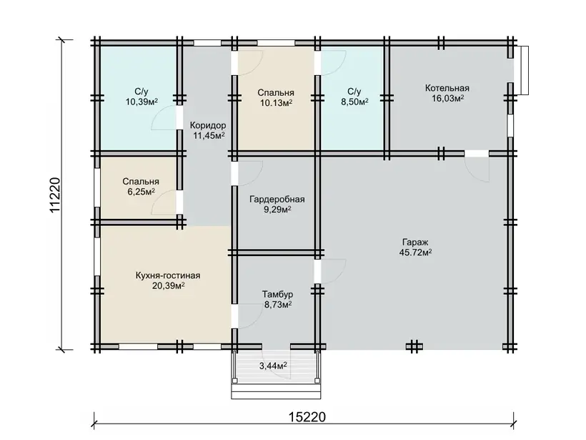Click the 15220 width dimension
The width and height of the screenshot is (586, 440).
[307, 417]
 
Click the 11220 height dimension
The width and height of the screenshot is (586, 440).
[55, 195]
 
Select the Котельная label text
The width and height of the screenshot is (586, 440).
[447, 88]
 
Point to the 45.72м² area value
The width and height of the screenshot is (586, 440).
[416, 252]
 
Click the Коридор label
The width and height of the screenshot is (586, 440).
[208, 125]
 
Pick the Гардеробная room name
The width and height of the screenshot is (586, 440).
[277, 200]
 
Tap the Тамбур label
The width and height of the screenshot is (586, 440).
[277, 295]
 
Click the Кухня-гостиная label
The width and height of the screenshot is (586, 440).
[168, 275]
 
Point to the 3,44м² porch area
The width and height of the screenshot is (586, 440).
[273, 366]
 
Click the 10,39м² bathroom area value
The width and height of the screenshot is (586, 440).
[141, 102]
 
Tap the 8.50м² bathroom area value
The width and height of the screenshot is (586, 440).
[354, 102]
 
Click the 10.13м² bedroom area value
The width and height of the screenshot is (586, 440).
[276, 102]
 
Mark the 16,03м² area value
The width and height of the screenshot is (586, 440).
[448, 99]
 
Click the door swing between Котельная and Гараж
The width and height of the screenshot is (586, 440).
[472, 174]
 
